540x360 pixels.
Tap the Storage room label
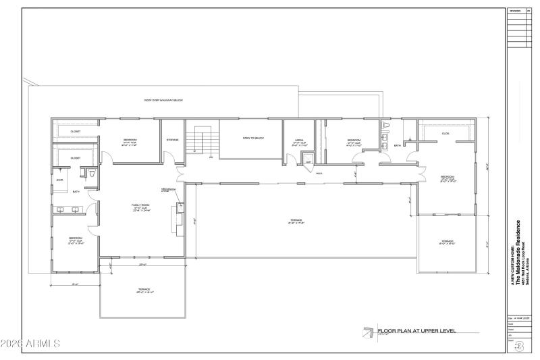172,140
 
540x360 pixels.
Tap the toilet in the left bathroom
90,174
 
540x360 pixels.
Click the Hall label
319,173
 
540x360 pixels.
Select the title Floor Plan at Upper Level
416,331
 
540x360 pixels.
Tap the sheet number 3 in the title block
519,347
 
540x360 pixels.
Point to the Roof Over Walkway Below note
163,100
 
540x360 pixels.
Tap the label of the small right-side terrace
448,241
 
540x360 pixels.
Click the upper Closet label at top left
76,132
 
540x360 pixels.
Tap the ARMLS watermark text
30,344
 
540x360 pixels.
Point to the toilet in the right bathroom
386,126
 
